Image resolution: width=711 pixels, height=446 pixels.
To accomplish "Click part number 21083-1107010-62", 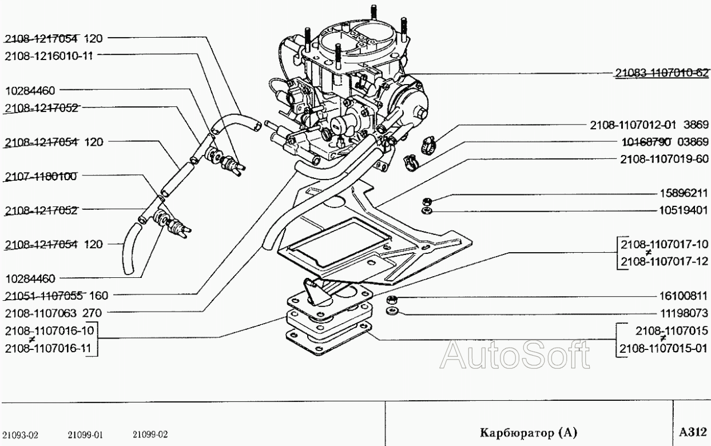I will coord(662,73).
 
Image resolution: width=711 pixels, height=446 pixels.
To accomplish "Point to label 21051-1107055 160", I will coord(57,296).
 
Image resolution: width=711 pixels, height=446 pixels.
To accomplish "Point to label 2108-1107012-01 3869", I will coord(649,125).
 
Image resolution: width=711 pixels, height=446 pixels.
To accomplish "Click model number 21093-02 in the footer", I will coord(21,434).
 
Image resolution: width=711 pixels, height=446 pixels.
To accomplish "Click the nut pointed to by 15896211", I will coord(426,201).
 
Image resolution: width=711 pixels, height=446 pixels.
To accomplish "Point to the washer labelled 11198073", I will coord(391,312).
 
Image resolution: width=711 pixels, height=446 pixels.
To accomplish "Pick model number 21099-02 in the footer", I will coord(150,434).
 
